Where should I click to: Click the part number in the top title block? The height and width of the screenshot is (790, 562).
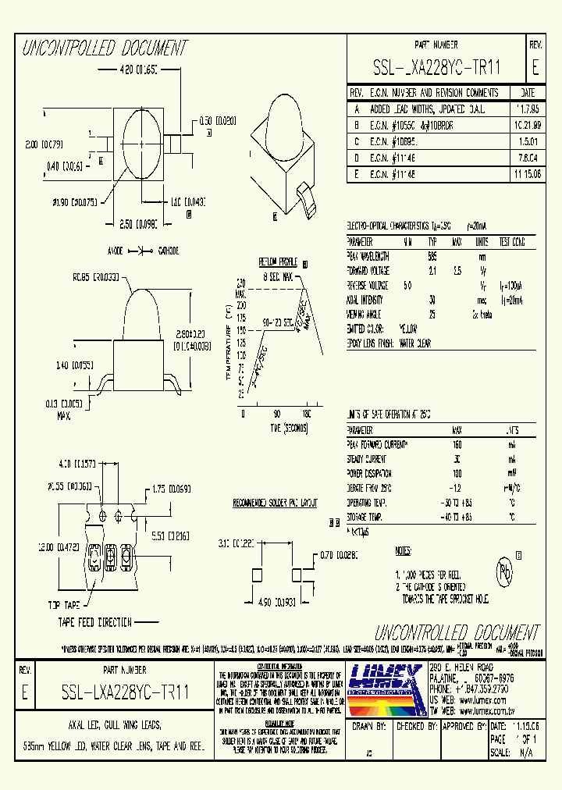[436, 68]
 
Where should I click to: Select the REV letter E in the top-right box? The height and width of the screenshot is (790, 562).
[535, 68]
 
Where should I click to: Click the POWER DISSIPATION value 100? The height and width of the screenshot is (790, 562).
[456, 473]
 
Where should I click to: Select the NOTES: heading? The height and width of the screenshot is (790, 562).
[403, 551]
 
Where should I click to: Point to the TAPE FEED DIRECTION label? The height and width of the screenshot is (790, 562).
[95, 622]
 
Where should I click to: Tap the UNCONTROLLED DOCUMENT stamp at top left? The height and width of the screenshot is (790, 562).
[104, 49]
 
